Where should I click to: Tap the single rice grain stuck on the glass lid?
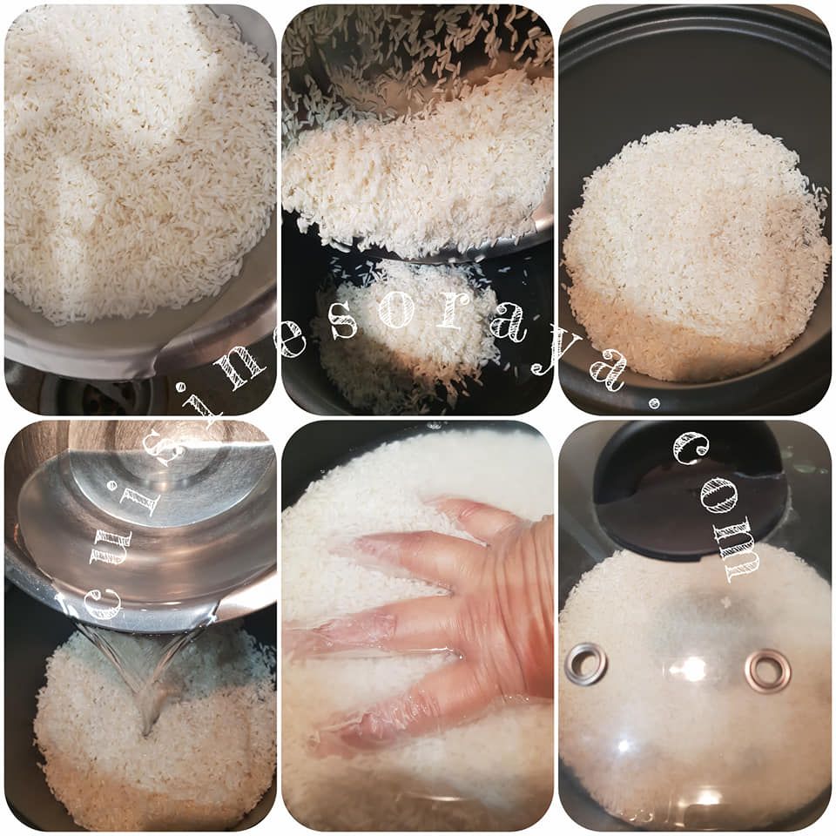pyautogui.click(x=725, y=602)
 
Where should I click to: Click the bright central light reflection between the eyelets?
pyautogui.click(x=693, y=668)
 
